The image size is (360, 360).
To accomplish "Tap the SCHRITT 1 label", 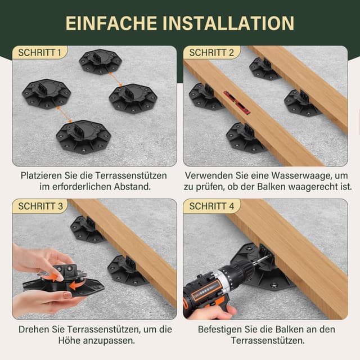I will (40, 52).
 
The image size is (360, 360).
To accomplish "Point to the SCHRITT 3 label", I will (40, 206).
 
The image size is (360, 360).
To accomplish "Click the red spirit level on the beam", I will (237, 102).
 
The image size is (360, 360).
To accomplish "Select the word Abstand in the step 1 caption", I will (132, 186).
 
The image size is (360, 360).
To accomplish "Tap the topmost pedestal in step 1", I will (100, 61).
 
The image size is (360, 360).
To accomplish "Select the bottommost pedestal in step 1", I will (83, 136).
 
